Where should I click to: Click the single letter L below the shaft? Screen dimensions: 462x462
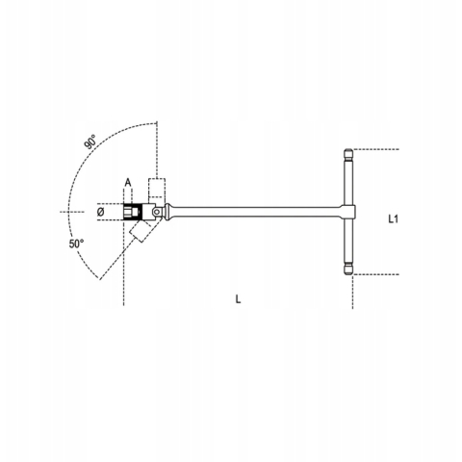tap(238, 299)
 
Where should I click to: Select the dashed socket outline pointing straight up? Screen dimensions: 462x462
tap(157, 188)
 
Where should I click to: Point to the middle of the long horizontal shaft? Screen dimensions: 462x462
tap(255, 212)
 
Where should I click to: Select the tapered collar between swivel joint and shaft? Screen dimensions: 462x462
tap(173, 211)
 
